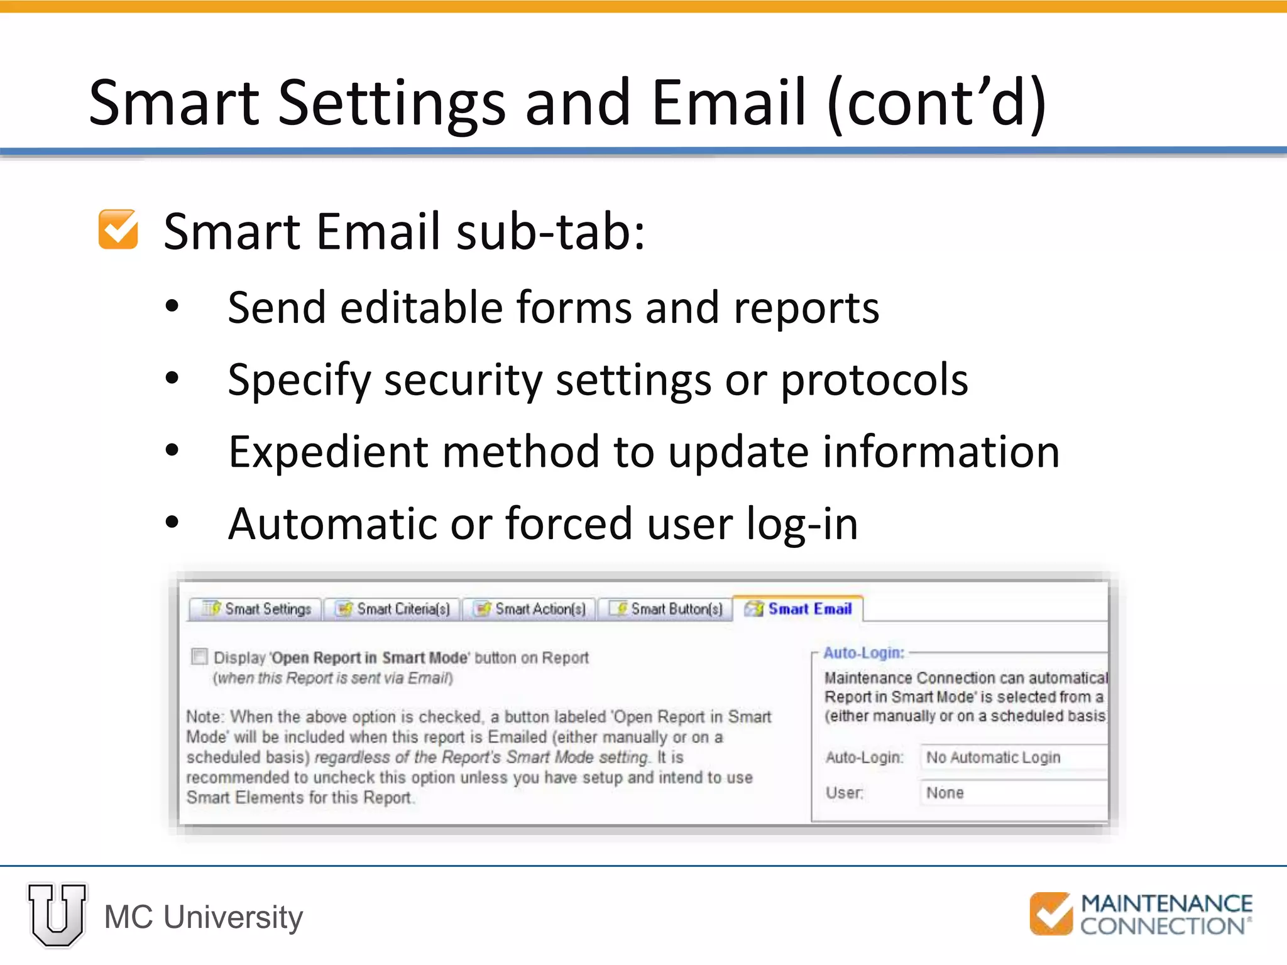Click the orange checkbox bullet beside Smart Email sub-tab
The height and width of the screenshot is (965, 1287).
tap(118, 229)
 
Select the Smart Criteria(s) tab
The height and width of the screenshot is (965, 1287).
tap(393, 609)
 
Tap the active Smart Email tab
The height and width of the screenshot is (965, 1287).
tap(799, 609)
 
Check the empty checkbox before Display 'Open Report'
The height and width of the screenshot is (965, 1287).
tap(199, 657)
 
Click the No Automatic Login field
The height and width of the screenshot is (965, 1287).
tap(1012, 758)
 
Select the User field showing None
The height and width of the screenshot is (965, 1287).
tap(1012, 793)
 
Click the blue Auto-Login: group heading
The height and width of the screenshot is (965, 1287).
tap(863, 653)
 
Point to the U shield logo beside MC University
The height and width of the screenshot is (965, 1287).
tap(57, 915)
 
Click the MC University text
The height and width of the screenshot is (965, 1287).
tap(204, 917)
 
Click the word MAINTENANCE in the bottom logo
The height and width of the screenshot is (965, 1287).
tap(1166, 903)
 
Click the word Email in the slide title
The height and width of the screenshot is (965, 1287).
tap(728, 102)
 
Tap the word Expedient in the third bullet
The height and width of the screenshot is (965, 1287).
tap(328, 452)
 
